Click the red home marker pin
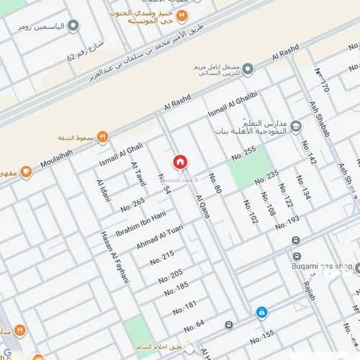click(180, 161)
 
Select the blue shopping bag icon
click(261, 312)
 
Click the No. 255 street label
click(244, 153)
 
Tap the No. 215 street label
click(163, 258)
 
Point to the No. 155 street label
click(262, 335)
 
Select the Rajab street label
click(310, 291)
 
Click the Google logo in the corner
click(7, 353)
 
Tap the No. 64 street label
click(194, 326)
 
